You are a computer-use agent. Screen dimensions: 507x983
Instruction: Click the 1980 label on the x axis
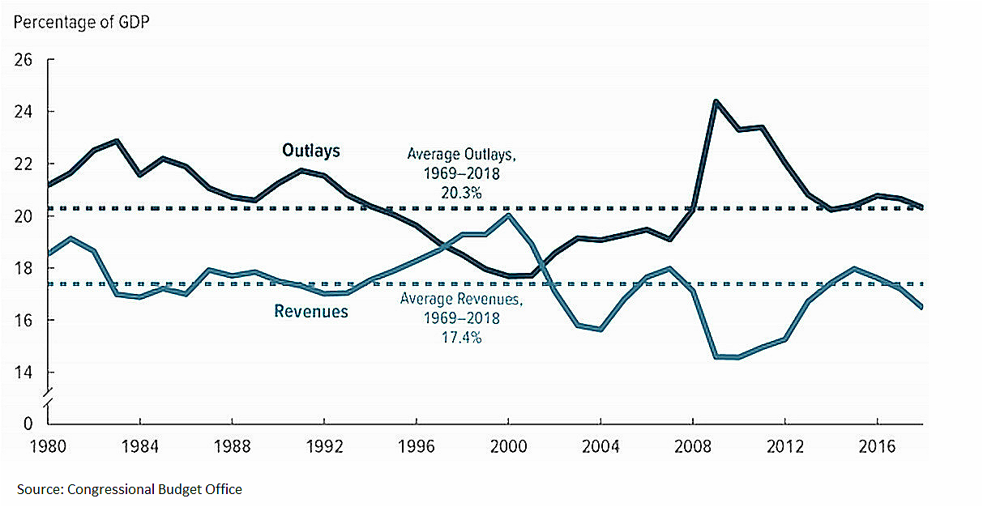click(49, 447)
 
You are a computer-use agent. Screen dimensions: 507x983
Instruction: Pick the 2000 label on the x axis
click(508, 447)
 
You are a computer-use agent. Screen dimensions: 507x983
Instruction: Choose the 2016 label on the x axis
click(876, 447)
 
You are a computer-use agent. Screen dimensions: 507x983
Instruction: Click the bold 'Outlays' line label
click(311, 150)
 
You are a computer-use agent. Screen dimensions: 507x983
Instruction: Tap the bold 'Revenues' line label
click(311, 311)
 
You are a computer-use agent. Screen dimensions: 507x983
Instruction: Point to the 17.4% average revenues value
click(461, 337)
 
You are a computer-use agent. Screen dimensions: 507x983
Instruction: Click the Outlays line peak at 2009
click(716, 101)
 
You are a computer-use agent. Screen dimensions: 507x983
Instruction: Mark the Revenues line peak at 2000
click(508, 215)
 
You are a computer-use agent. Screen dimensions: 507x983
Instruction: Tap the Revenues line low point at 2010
click(738, 357)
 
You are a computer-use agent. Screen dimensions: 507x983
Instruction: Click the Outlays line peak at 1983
click(118, 141)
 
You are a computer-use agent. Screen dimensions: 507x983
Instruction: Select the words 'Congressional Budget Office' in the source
click(155, 489)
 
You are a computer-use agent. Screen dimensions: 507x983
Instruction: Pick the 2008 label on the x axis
click(692, 447)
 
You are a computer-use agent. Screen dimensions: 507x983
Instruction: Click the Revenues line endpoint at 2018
click(922, 307)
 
